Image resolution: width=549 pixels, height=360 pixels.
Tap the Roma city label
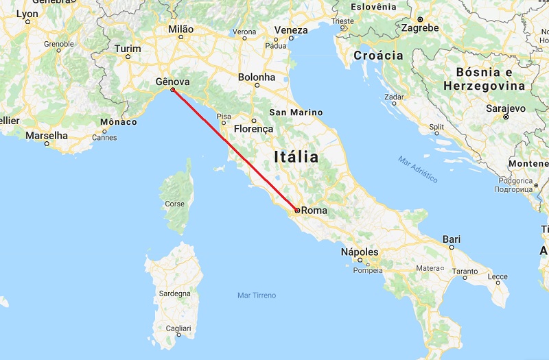tap(314, 211)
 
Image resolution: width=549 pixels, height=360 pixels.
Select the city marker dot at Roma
tap(296, 211)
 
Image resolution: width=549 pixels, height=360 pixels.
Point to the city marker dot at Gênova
tap(172, 90)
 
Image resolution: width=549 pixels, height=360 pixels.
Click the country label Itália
tap(296, 156)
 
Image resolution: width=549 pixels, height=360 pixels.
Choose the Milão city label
tap(181, 29)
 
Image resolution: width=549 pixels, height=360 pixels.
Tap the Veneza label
tap(291, 30)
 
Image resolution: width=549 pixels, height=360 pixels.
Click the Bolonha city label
tap(256, 77)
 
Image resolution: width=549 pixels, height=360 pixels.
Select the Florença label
tap(253, 128)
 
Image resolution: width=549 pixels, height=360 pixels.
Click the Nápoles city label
tap(360, 252)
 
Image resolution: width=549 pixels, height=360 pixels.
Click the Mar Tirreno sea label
tap(256, 295)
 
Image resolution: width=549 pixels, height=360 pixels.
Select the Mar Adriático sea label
tap(417, 169)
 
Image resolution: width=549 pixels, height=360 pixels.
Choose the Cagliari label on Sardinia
tap(178, 328)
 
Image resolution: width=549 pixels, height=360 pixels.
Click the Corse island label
tap(174, 204)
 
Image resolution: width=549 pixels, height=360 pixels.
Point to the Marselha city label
tap(47, 135)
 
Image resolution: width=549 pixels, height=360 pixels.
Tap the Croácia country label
tap(378, 56)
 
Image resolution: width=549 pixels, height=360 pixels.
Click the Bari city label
tap(452, 239)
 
